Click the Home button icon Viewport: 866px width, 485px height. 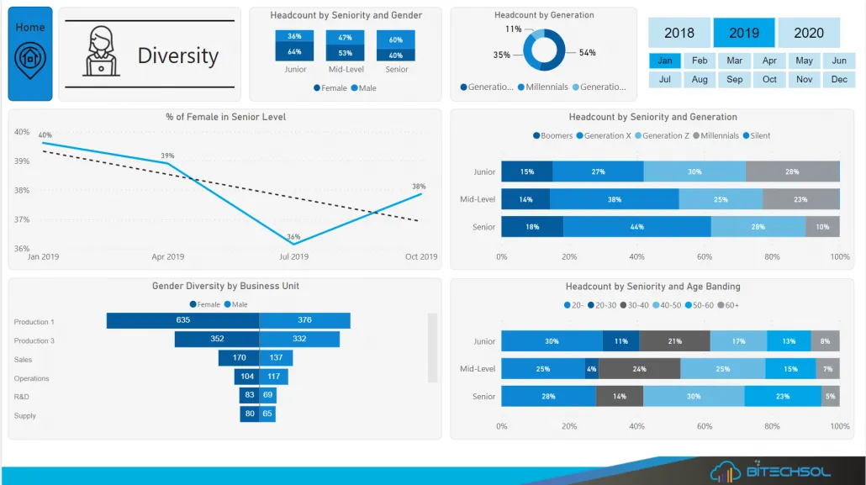tap(30, 56)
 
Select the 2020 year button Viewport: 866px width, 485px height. tap(809, 33)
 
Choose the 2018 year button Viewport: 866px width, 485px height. tap(679, 33)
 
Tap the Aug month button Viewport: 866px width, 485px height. tap(700, 79)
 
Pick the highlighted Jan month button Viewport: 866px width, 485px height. tap(665, 61)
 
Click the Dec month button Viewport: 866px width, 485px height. tap(839, 79)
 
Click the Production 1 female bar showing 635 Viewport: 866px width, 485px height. tap(182, 320)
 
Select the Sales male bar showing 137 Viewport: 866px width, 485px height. tap(275, 358)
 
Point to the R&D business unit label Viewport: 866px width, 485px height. tap(22, 397)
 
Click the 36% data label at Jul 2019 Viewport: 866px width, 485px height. tap(293, 237)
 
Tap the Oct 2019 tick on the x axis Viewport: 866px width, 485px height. tap(420, 257)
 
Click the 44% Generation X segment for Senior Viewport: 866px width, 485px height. tap(636, 227)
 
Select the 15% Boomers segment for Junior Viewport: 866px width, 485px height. tap(527, 171)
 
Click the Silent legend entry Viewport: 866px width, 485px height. tap(757, 135)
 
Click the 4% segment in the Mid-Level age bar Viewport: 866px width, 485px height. tap(592, 368)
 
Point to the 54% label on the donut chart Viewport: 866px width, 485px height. tap(587, 53)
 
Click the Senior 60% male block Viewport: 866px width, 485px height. tap(395, 40)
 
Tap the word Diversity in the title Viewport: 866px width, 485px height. tap(178, 55)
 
